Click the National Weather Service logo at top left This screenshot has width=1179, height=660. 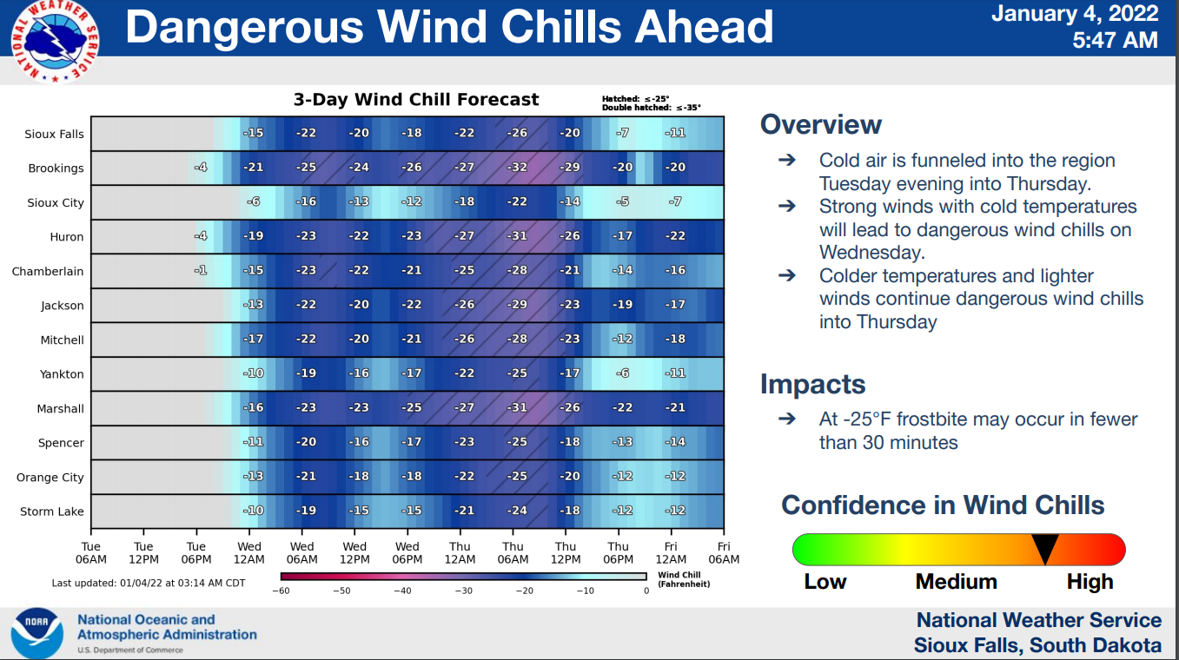pyautogui.click(x=54, y=40)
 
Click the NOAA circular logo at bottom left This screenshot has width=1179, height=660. pyautogui.click(x=36, y=632)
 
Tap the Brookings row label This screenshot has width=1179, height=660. pyautogui.click(x=56, y=168)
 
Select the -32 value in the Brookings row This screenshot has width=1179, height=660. pyautogui.click(x=518, y=168)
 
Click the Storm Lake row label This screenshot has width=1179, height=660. pyautogui.click(x=52, y=511)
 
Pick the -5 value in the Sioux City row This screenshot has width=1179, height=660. pyautogui.click(x=622, y=201)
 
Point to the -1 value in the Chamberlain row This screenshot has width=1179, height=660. pyautogui.click(x=201, y=270)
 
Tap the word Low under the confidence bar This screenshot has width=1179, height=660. pyautogui.click(x=825, y=582)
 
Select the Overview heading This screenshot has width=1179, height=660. pyautogui.click(x=820, y=125)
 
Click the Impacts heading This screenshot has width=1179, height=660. pyautogui.click(x=812, y=384)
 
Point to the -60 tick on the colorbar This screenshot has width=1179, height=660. pyautogui.click(x=281, y=591)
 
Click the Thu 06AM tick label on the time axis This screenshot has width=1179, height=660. pyautogui.click(x=513, y=552)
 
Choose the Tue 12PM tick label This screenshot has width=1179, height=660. pyautogui.click(x=144, y=552)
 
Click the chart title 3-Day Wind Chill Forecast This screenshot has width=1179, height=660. pyautogui.click(x=416, y=100)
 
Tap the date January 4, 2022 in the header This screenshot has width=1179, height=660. pyautogui.click(x=1074, y=14)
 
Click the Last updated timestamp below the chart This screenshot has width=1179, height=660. pyautogui.click(x=148, y=583)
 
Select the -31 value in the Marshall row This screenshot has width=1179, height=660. pyautogui.click(x=518, y=408)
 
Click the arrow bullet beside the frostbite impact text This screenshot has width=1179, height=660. pyautogui.click(x=786, y=419)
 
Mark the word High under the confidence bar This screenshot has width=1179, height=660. pyautogui.click(x=1090, y=582)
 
